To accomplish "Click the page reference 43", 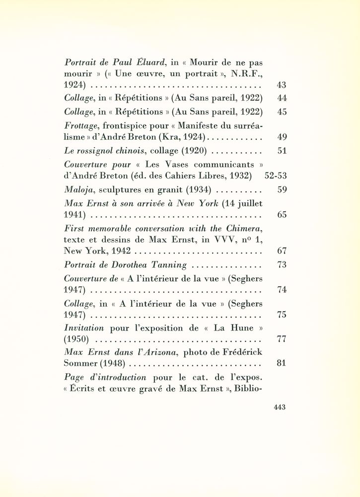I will pyautogui.click(x=281, y=85).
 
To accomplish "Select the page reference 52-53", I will pyautogui.click(x=276, y=175).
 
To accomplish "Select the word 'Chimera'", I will pyautogui.click(x=244, y=228).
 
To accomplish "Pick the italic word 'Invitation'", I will pyautogui.click(x=84, y=328).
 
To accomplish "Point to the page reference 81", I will pyautogui.click(x=281, y=363).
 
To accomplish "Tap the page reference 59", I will pyautogui.click(x=281, y=189).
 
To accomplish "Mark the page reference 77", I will pyautogui.click(x=281, y=340).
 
